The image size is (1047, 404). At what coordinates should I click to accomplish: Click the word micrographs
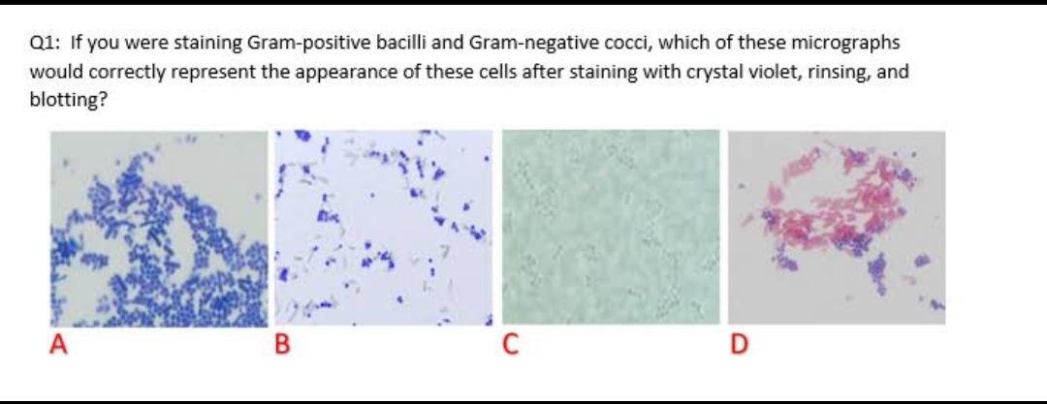(846, 44)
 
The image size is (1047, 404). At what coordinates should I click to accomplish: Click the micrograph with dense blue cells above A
(158, 228)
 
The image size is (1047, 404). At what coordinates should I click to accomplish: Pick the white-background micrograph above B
(384, 228)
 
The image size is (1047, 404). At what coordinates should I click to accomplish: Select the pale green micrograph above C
(611, 228)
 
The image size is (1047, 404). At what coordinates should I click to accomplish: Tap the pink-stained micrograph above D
(837, 228)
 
